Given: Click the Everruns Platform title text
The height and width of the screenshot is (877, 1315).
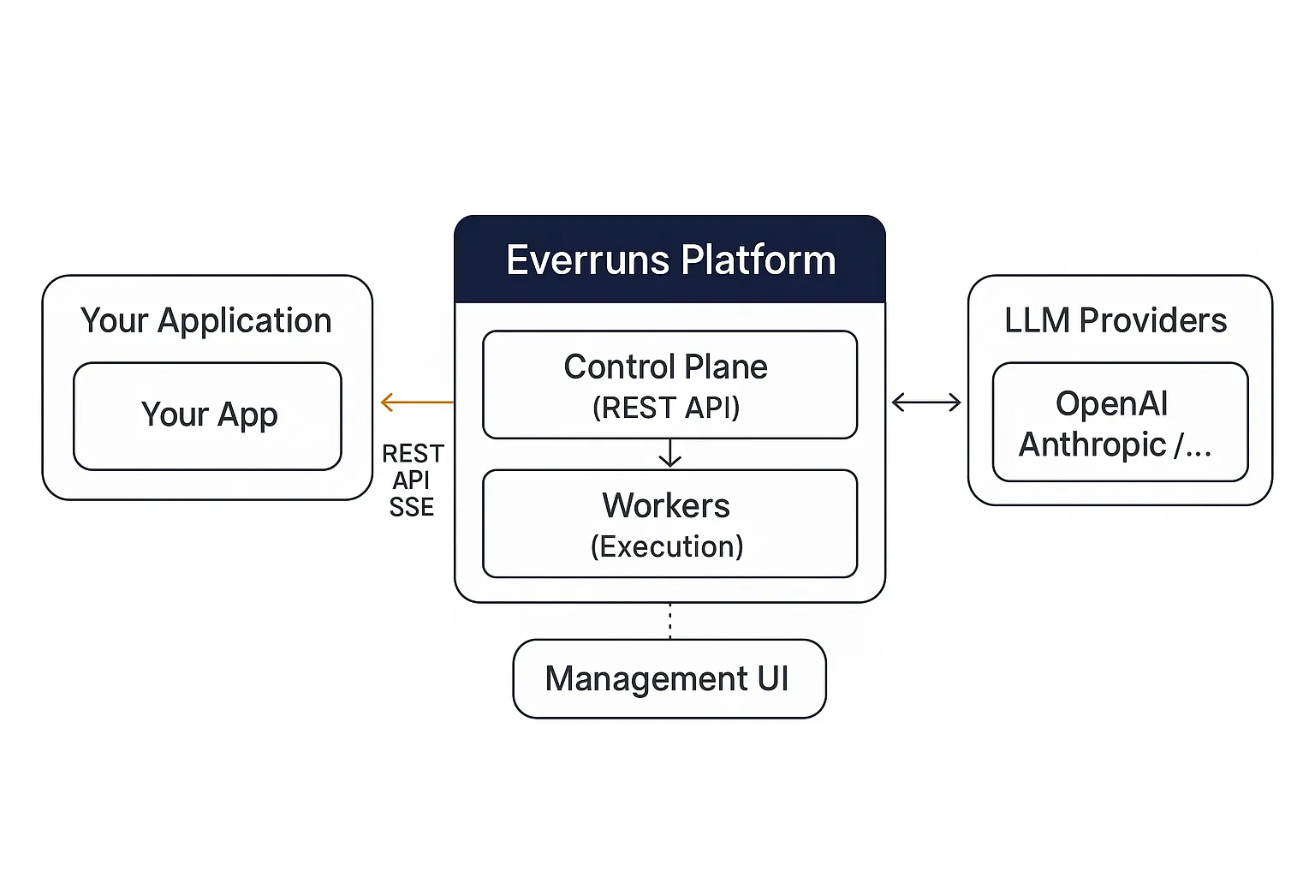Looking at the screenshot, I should [x=670, y=260].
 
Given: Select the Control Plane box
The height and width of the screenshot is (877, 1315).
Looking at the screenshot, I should [x=669, y=385].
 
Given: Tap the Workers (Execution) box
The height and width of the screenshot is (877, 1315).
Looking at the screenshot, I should [x=669, y=523].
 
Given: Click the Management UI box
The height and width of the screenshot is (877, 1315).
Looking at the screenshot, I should [x=669, y=678].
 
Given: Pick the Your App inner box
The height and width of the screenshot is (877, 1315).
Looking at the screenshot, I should [x=208, y=415].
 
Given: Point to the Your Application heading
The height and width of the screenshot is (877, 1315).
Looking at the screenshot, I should [x=205, y=320].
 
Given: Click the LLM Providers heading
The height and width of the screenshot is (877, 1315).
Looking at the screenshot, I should [x=1116, y=320].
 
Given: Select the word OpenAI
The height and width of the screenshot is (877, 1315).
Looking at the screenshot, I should [x=1111, y=403].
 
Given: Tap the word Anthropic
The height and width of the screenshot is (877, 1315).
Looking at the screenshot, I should [x=1092, y=444].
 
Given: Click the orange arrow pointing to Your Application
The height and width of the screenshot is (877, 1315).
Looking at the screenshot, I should [x=417, y=402].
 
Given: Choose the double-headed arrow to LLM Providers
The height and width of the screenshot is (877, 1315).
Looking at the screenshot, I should [x=926, y=402].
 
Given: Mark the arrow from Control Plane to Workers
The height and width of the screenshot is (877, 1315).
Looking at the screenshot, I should [x=669, y=453].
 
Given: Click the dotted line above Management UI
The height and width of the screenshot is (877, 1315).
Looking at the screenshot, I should [x=669, y=621].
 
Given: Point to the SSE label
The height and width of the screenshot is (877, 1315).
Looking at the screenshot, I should [x=412, y=507].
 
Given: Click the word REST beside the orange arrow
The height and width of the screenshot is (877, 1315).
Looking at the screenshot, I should [x=413, y=453].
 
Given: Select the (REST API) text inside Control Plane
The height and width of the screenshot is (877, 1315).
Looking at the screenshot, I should [x=666, y=408].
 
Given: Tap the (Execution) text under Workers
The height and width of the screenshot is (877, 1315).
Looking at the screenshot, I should [x=667, y=546].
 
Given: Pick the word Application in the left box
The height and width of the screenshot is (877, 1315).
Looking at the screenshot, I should [x=244, y=320].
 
